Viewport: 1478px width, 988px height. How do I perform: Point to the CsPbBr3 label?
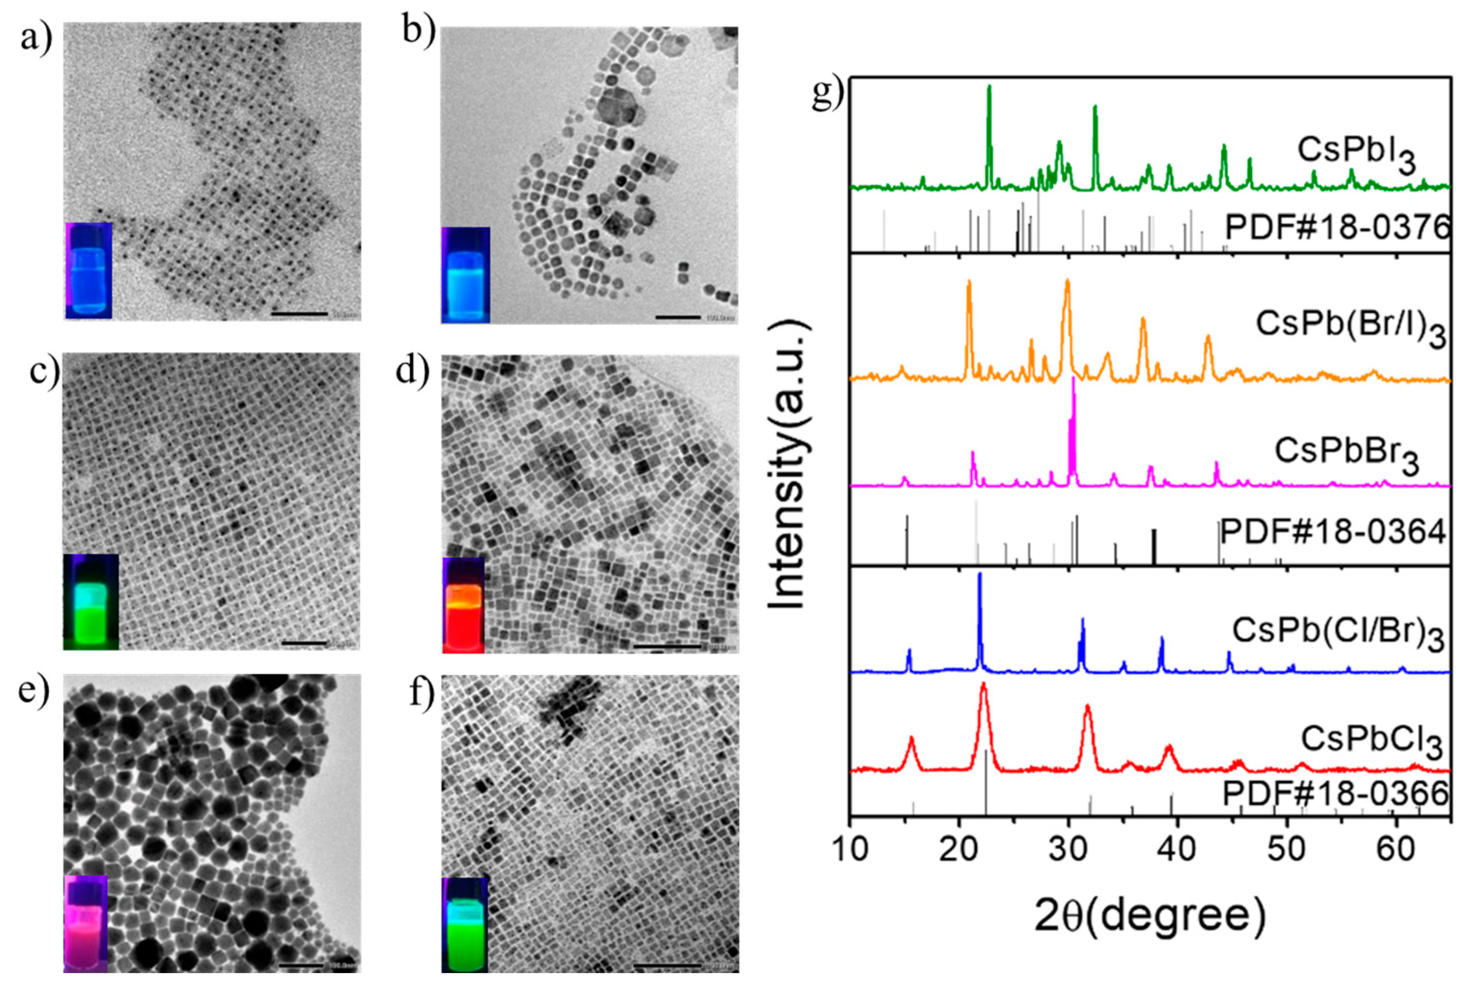(1346, 454)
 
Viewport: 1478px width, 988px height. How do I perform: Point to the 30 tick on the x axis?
(1068, 850)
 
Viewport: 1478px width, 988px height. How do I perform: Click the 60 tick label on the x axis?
(1395, 850)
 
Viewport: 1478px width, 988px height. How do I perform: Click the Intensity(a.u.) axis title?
(788, 467)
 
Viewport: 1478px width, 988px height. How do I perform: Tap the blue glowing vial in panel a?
(89, 271)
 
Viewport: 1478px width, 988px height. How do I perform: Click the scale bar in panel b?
(678, 316)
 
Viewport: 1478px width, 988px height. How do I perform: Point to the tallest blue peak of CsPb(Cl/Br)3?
(979, 575)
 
